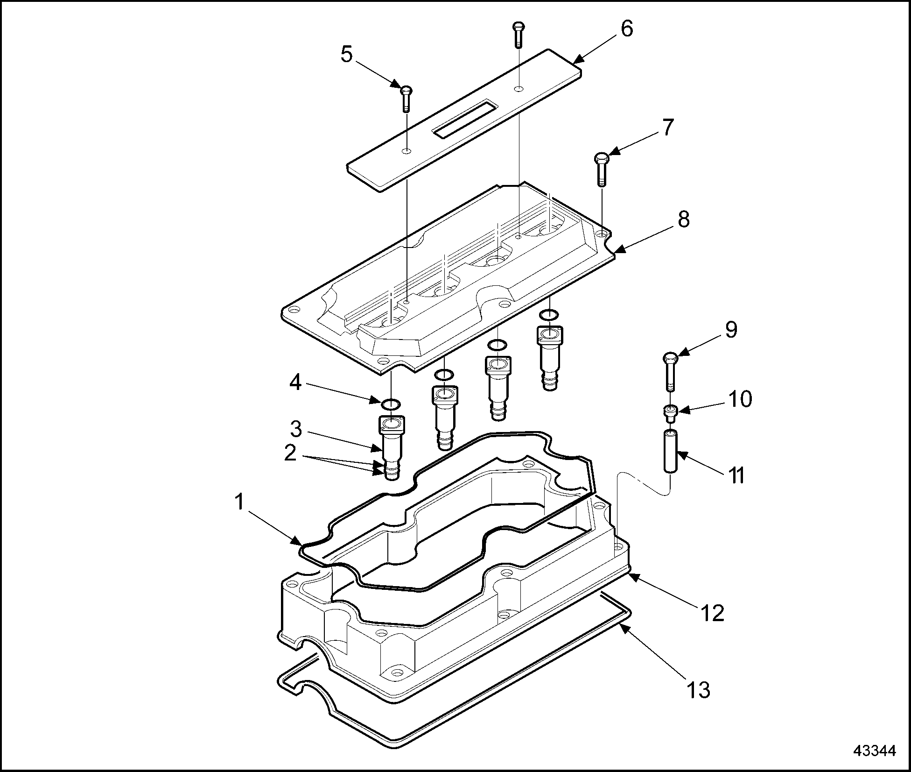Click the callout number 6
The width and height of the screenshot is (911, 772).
click(x=627, y=29)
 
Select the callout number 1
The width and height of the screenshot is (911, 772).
click(x=239, y=503)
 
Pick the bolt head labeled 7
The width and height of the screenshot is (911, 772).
click(x=601, y=158)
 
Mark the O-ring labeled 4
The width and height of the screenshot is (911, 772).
click(x=390, y=404)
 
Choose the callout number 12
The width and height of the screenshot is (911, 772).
click(x=712, y=613)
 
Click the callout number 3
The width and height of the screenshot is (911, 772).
click(x=296, y=428)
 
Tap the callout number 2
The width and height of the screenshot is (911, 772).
click(x=290, y=452)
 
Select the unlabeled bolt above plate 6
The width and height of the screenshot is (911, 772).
click(x=519, y=34)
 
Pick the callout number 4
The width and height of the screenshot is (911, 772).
click(x=295, y=383)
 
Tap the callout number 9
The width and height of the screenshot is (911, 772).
click(x=730, y=330)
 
